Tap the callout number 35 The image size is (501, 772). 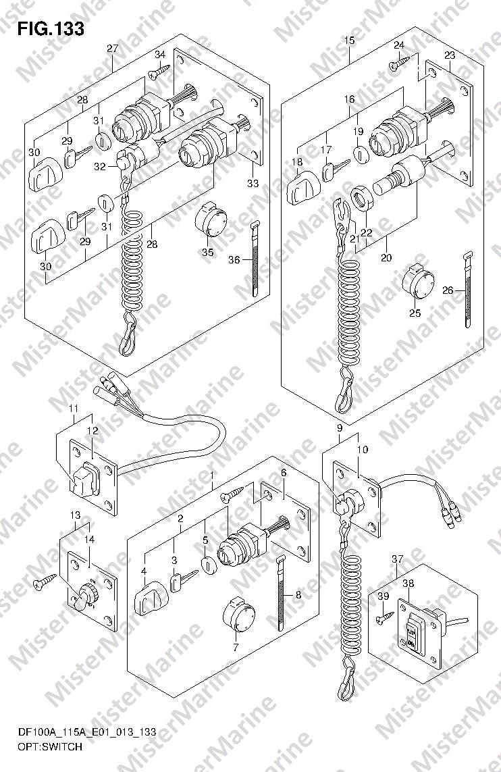pos(207,252)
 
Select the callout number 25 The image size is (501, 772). pos(415,313)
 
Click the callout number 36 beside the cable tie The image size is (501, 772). pos(234,260)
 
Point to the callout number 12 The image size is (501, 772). pos(92,430)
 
